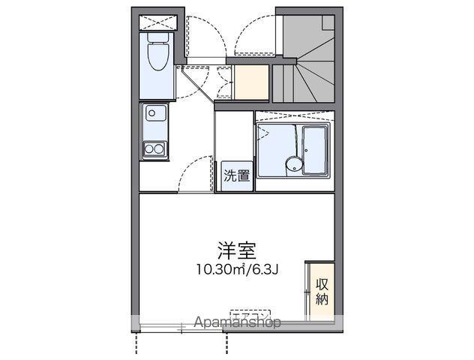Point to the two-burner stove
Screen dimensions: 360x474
click(x=155, y=149)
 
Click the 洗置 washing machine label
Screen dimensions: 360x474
click(x=237, y=177)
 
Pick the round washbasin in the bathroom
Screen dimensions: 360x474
click(x=291, y=165)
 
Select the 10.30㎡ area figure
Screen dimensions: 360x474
click(x=217, y=270)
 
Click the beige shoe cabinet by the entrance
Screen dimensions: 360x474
click(x=250, y=82)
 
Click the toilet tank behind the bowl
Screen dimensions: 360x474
click(x=159, y=37)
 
